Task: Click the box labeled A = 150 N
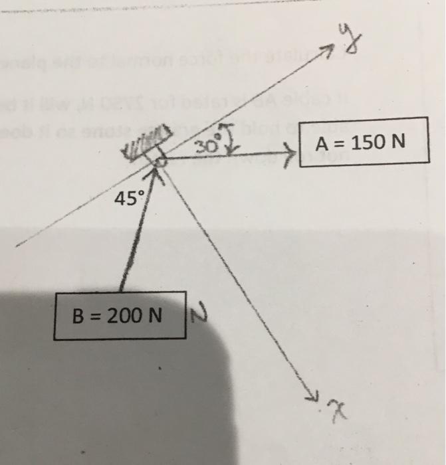click(362, 142)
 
